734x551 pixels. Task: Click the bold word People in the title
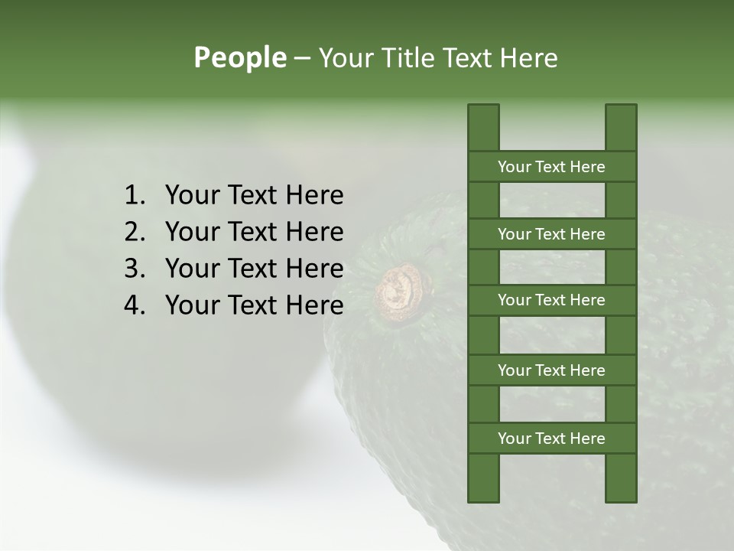[239, 57]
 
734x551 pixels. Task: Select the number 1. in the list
[134, 195]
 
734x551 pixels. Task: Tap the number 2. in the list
[134, 232]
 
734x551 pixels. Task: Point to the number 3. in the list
[134, 269]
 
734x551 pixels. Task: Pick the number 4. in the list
[134, 305]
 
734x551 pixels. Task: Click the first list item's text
[254, 195]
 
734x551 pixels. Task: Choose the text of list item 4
[254, 305]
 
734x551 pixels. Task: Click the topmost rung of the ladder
[551, 167]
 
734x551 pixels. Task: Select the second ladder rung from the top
[551, 234]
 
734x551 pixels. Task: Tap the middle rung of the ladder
[551, 301]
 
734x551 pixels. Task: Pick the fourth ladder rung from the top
[551, 370]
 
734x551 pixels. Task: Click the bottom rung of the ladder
[551, 439]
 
